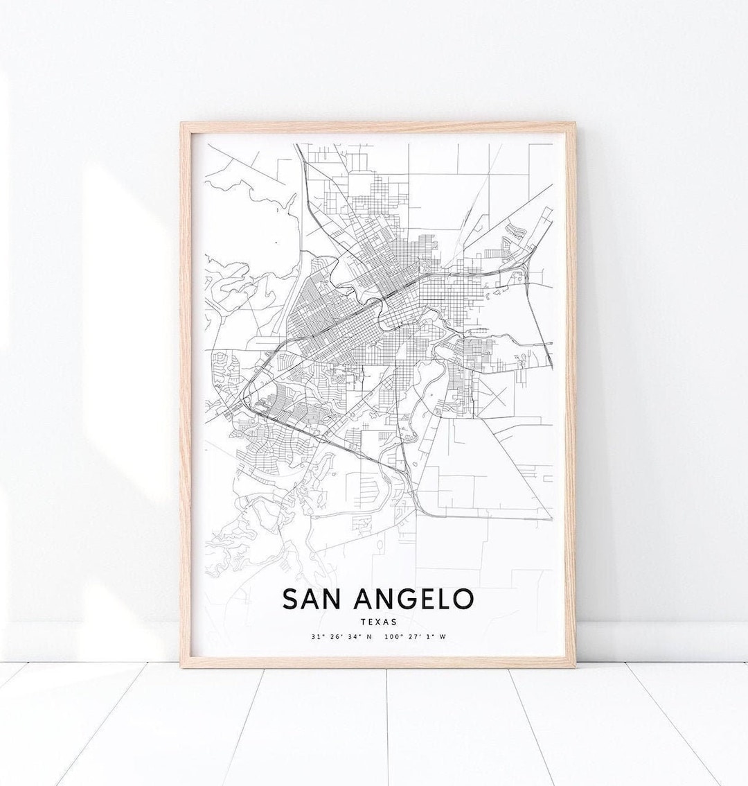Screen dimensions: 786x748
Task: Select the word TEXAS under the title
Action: [x=378, y=622]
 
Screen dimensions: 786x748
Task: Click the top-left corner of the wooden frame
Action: [x=181, y=123]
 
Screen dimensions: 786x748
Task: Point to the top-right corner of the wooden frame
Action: [x=575, y=123]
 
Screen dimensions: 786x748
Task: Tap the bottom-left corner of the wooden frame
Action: [x=181, y=667]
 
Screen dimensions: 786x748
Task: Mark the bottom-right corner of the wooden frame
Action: [x=575, y=667]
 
